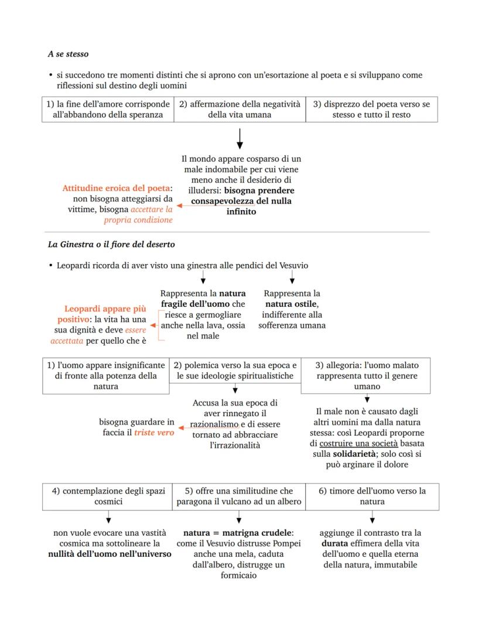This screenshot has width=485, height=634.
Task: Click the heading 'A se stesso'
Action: click(68, 54)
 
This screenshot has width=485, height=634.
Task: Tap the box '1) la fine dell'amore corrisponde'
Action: click(108, 109)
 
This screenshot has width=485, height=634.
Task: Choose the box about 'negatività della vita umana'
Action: click(240, 109)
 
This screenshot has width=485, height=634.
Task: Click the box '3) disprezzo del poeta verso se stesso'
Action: click(371, 109)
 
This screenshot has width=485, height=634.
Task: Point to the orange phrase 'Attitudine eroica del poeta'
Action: click(116, 189)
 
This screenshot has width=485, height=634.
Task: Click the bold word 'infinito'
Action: click(241, 211)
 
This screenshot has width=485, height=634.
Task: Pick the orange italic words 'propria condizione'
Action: click(138, 220)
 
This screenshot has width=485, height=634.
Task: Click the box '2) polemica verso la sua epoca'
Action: click(235, 370)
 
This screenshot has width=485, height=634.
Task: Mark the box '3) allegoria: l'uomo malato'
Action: click(366, 375)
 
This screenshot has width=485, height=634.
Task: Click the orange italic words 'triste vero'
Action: click(154, 433)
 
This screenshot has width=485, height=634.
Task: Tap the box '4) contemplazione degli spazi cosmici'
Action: click(108, 496)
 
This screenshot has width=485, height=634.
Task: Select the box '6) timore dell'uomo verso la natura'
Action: click(372, 496)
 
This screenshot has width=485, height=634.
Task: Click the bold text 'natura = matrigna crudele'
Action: click(237, 533)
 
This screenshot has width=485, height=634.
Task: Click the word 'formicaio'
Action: click(240, 575)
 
